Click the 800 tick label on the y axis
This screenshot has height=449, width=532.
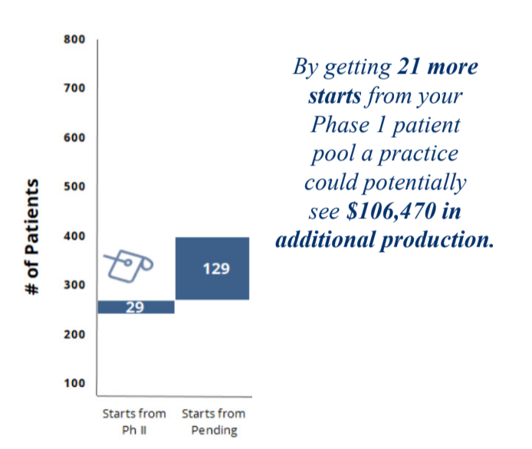(74, 39)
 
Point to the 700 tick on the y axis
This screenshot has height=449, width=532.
(74, 88)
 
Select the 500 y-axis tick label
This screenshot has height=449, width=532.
(74, 186)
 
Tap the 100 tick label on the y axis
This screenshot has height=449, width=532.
(74, 383)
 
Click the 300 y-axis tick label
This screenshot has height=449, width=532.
(74, 285)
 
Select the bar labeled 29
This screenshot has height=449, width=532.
(136, 307)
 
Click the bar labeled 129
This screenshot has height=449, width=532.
(212, 268)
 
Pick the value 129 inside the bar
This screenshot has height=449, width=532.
(216, 269)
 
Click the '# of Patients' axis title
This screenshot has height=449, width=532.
(32, 237)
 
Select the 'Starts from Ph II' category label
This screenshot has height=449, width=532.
(134, 421)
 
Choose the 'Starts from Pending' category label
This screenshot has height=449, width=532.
(214, 421)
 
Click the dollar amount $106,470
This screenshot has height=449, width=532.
(391, 211)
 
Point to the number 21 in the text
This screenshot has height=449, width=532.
(409, 66)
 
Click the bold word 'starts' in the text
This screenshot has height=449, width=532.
(335, 96)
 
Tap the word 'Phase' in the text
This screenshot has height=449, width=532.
(340, 124)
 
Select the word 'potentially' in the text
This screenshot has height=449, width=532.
(415, 183)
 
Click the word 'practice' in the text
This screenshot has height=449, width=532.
(419, 154)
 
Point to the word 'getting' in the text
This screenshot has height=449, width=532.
(358, 67)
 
